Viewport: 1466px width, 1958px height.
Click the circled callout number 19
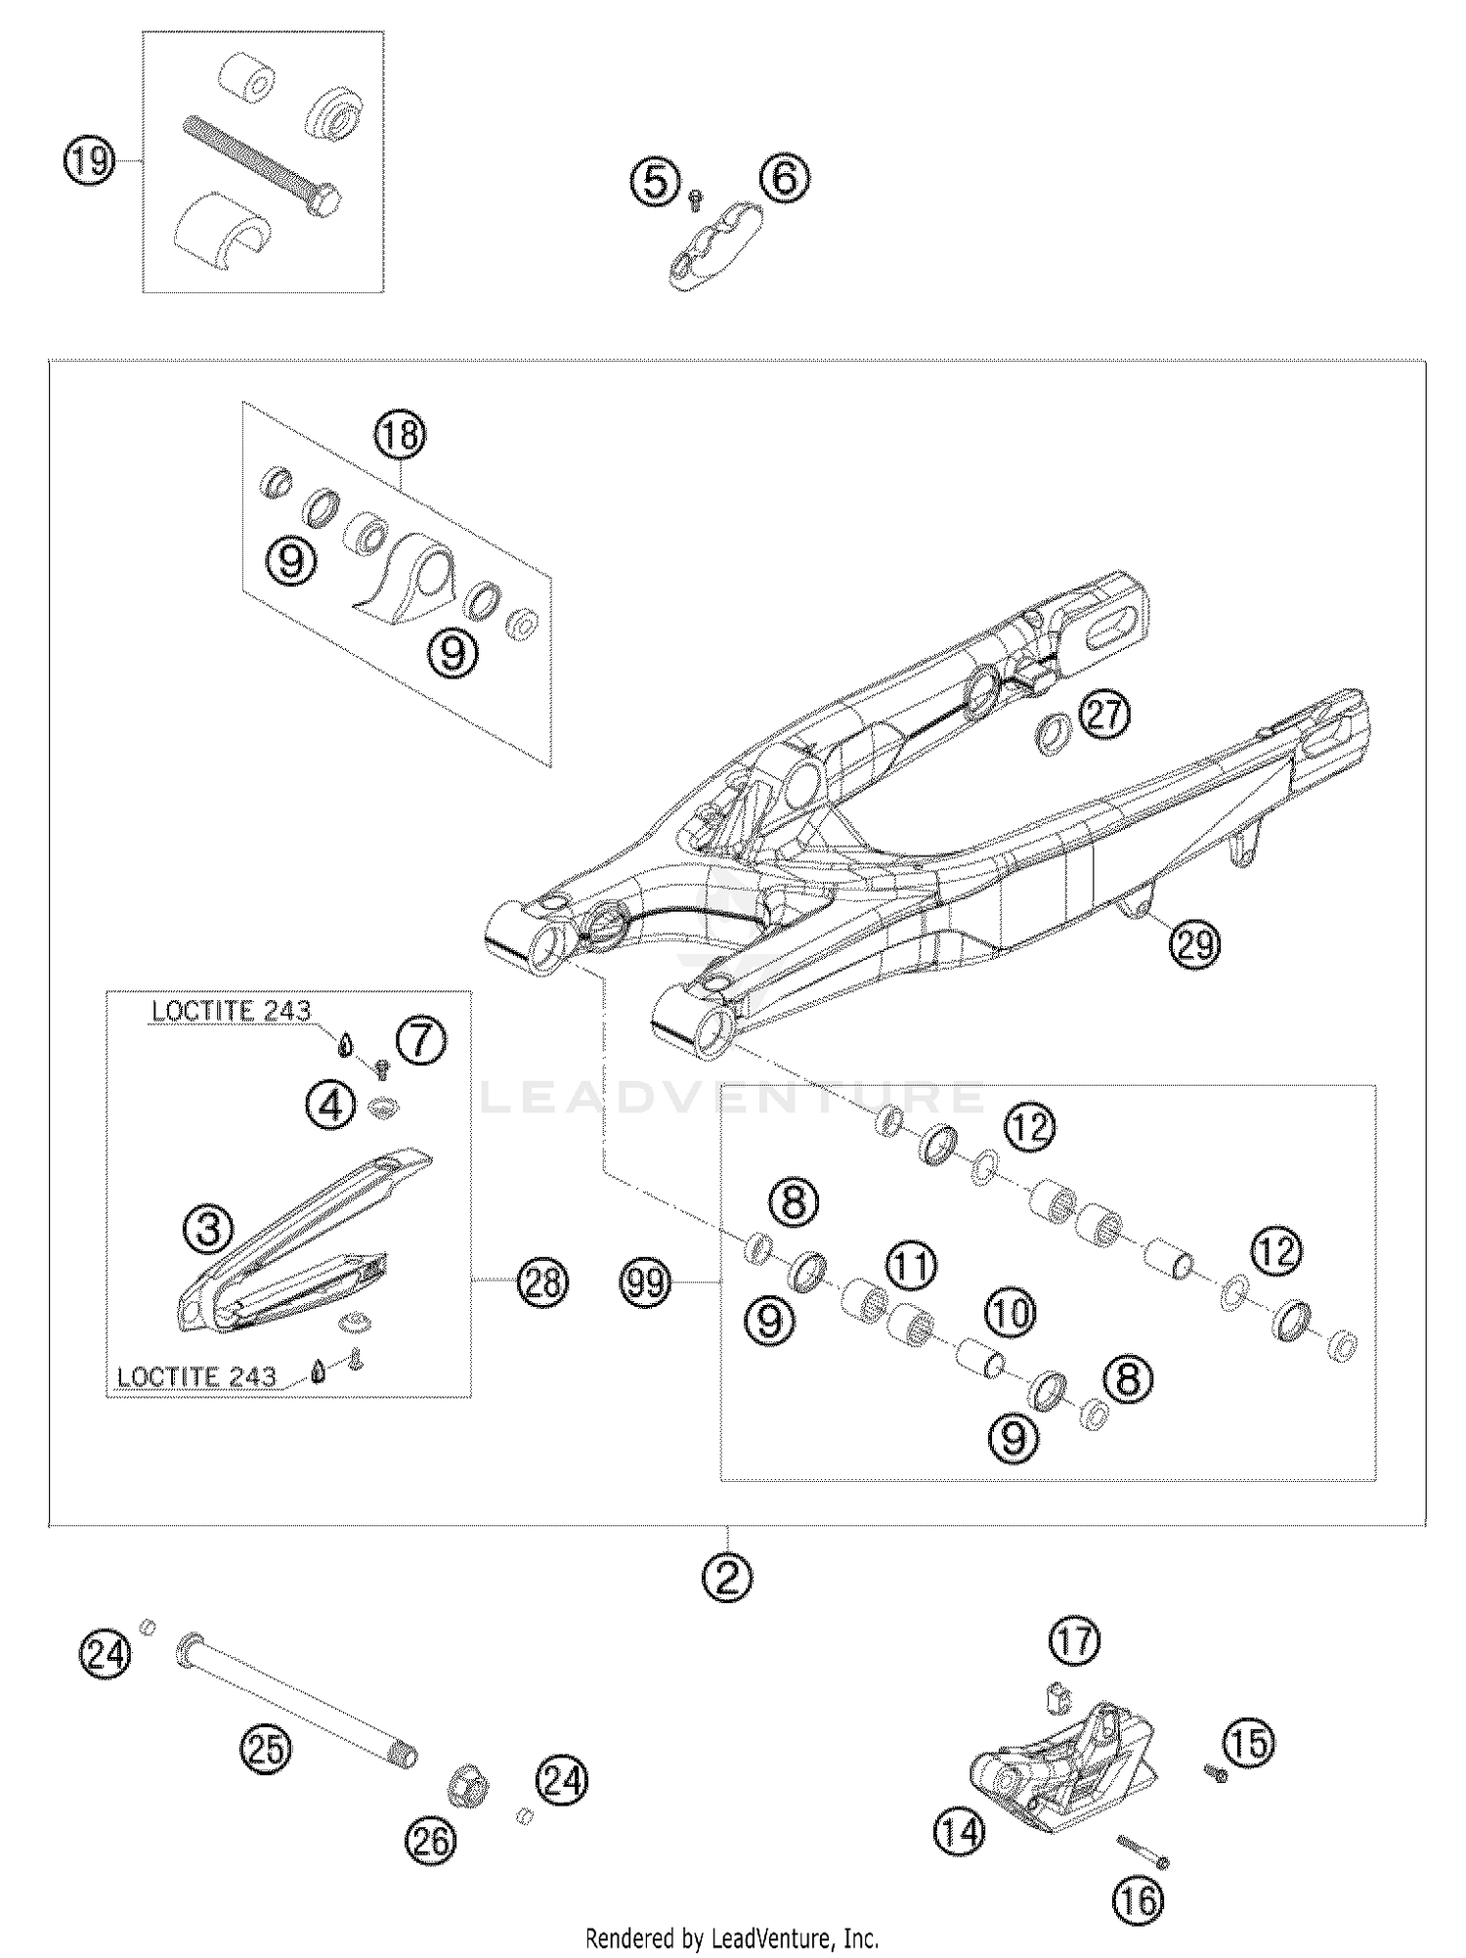(89, 160)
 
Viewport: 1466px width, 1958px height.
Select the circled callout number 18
(401, 435)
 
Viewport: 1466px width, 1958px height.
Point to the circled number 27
(1105, 716)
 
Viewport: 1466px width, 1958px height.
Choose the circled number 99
(645, 1282)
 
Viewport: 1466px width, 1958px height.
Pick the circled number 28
(542, 1282)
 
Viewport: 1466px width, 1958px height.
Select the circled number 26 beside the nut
(430, 1842)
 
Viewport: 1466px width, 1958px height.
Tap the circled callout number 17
(1075, 1641)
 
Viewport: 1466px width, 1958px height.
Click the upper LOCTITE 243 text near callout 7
(231, 1011)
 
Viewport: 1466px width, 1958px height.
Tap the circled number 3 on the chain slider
(209, 1229)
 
